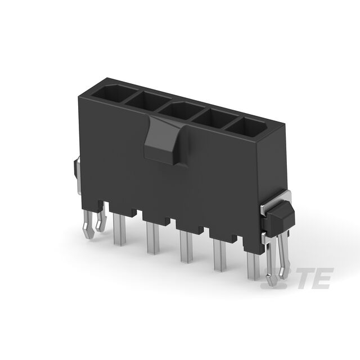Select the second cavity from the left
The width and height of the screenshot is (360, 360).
tap(147, 101)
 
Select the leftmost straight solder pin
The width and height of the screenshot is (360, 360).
tap(119, 229)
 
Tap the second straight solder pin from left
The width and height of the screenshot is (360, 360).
tap(153, 238)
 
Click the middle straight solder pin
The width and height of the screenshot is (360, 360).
tap(186, 247)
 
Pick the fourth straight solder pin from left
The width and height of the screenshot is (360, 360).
tap(220, 255)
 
